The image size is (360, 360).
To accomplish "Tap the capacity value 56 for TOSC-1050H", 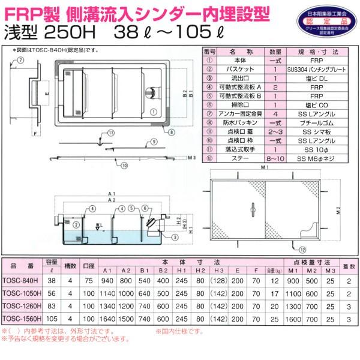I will pyautogui.click(x=51, y=293).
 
